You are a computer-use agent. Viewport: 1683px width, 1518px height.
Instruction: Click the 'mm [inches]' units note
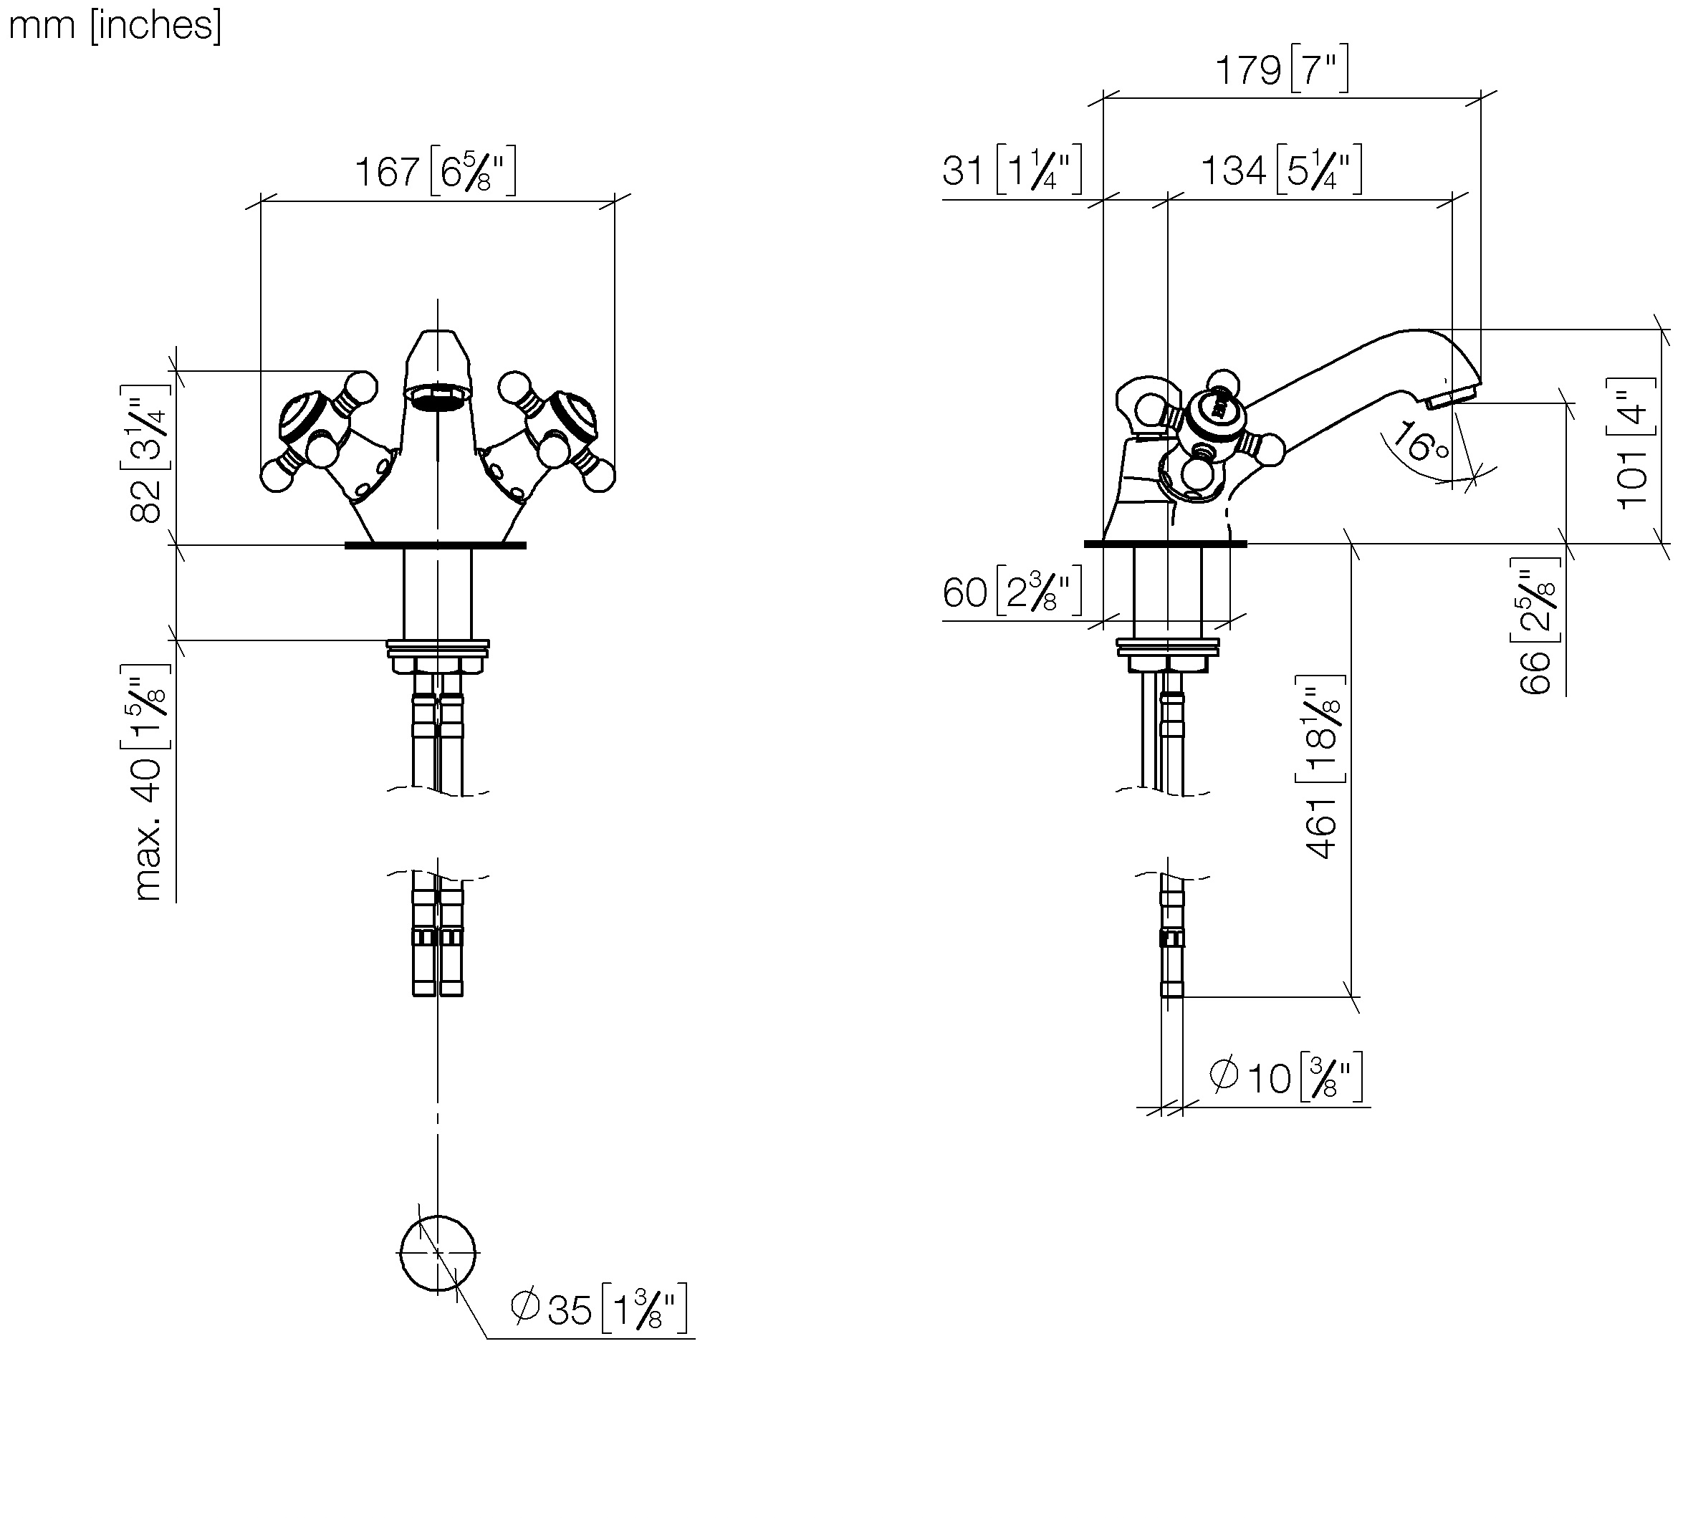pyautogui.click(x=115, y=25)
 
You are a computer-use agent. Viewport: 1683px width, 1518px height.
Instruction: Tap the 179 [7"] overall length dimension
pyautogui.click(x=1281, y=69)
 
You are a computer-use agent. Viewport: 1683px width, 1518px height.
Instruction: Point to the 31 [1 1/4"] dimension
pyautogui.click(x=1012, y=170)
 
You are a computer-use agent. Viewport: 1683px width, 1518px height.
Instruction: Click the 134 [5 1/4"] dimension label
pyautogui.click(x=1281, y=170)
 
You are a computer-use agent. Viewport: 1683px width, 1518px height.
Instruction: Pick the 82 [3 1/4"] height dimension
pyautogui.click(x=148, y=455)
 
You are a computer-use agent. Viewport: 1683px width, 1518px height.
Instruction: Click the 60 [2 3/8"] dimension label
pyautogui.click(x=1012, y=592)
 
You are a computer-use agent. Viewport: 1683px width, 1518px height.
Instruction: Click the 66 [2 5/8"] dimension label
pyautogui.click(x=1535, y=625)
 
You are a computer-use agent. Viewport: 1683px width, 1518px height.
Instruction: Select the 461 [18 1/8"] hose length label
pyautogui.click(x=1322, y=767)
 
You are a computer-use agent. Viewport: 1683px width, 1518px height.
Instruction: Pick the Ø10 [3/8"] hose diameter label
pyautogui.click(x=1285, y=1077)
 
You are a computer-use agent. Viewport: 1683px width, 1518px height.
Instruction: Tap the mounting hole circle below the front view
pyautogui.click(x=438, y=1253)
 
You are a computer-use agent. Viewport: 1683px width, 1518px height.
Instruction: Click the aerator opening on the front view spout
pyautogui.click(x=437, y=397)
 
